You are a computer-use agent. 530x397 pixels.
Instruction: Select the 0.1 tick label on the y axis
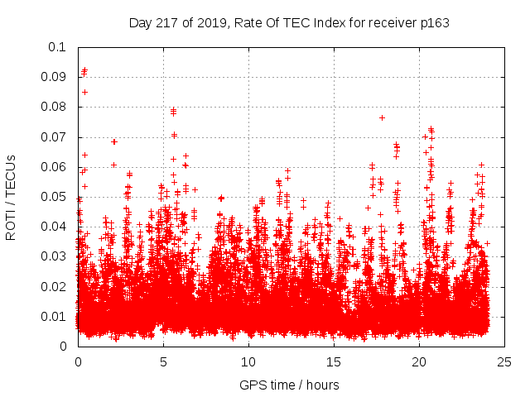[59, 47]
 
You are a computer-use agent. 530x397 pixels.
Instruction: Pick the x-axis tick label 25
[505, 361]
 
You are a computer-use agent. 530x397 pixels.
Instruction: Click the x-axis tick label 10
[248, 361]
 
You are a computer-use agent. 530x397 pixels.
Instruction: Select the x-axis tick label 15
[334, 361]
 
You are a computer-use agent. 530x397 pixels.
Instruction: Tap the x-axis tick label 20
[419, 361]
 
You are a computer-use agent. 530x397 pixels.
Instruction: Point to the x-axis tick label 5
[163, 361]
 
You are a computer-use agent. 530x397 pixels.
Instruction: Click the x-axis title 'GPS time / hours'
[289, 385]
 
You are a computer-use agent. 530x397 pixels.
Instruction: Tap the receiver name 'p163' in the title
[435, 22]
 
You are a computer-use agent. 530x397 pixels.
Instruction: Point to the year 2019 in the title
[206, 22]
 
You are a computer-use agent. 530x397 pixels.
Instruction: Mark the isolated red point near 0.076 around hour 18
[382, 117]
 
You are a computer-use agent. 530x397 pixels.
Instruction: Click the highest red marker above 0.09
[84, 70]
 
